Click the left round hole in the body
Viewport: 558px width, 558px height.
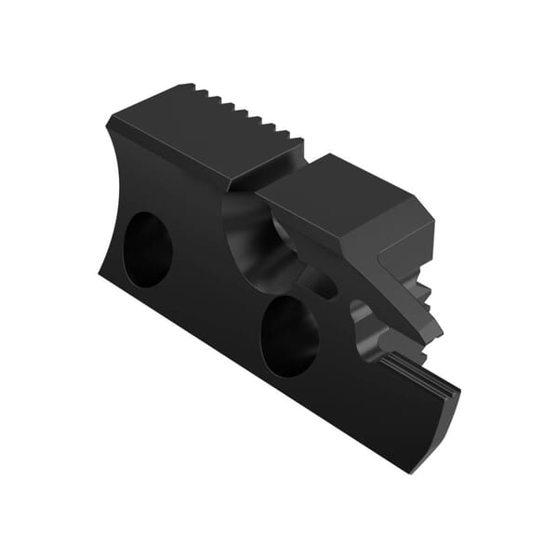pos(148,248)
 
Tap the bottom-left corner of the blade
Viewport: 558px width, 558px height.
pos(100,270)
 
